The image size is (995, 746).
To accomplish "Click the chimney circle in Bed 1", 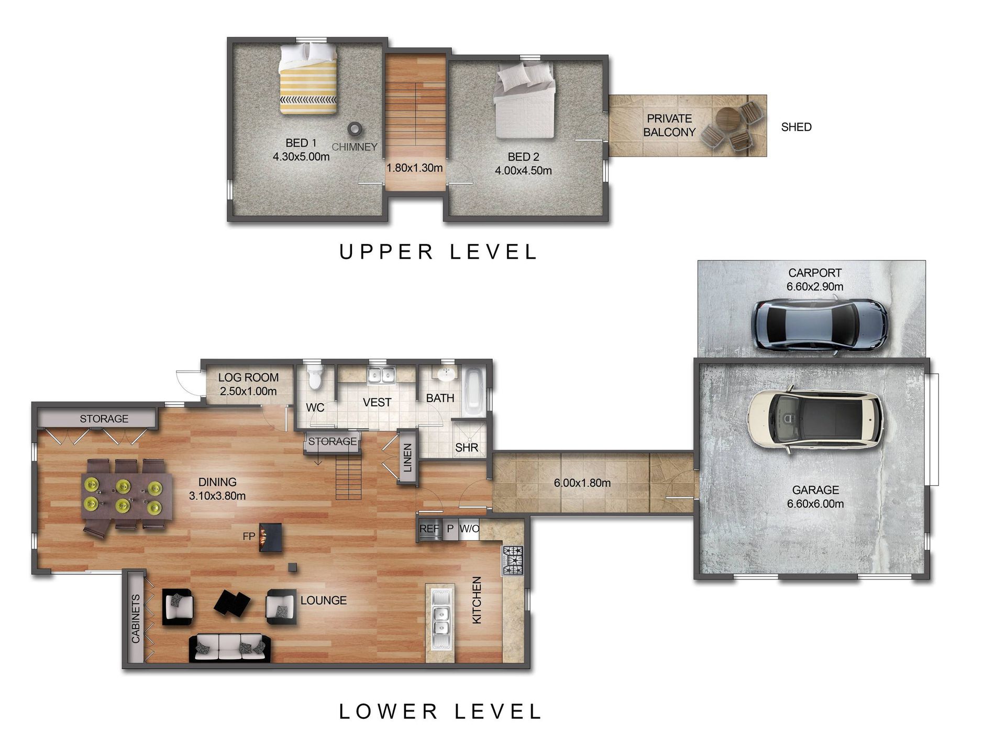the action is (x=356, y=128).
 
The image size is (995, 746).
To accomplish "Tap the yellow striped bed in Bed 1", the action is (x=307, y=79).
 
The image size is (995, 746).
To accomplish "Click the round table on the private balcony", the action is (x=727, y=121).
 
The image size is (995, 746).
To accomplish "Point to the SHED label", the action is (x=796, y=127).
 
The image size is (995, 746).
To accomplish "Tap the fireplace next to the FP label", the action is (x=271, y=537).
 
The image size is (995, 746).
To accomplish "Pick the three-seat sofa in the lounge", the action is (x=229, y=648).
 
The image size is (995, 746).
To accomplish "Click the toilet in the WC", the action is (x=315, y=376).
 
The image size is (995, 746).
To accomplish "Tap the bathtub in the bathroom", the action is (x=474, y=393).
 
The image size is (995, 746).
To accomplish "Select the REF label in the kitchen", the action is (x=429, y=529).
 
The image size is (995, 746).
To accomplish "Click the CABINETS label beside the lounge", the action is (x=136, y=618).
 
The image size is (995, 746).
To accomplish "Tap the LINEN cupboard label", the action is (x=408, y=458).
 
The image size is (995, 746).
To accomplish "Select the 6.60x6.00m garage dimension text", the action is (x=815, y=504).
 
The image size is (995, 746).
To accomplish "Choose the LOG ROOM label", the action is (x=248, y=377).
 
